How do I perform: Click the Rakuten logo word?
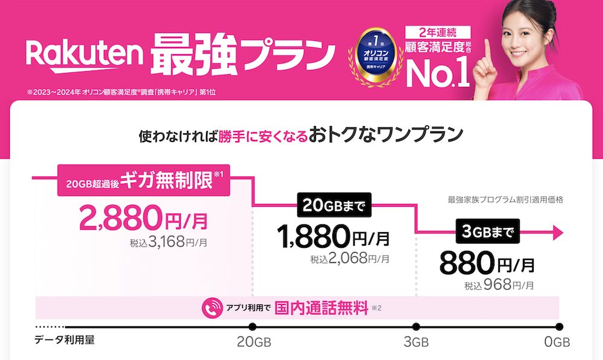click(x=84, y=55)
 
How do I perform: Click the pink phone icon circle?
click(x=212, y=308)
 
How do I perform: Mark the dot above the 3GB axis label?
click(x=416, y=327)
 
